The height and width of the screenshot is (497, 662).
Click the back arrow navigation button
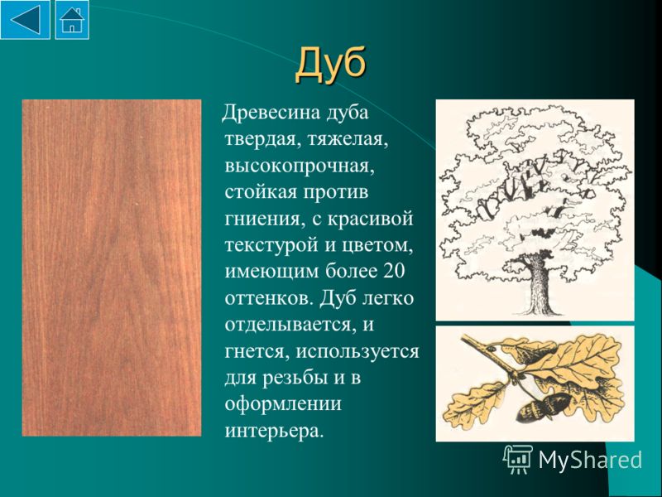(26, 19)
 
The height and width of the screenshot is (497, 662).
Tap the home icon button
(72, 20)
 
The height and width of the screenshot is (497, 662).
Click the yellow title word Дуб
(330, 65)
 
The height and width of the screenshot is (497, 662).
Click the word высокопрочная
(300, 166)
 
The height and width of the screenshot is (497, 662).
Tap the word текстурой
(271, 245)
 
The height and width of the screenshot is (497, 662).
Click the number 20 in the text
(395, 271)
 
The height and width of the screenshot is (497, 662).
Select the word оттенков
(269, 298)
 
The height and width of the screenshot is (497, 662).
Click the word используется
(357, 351)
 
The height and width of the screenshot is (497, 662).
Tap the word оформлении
(283, 404)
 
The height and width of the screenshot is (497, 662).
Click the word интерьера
(274, 431)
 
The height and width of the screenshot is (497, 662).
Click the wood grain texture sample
(112, 268)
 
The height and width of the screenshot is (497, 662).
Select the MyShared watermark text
(590, 461)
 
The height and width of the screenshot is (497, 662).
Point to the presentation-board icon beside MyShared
(518, 459)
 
